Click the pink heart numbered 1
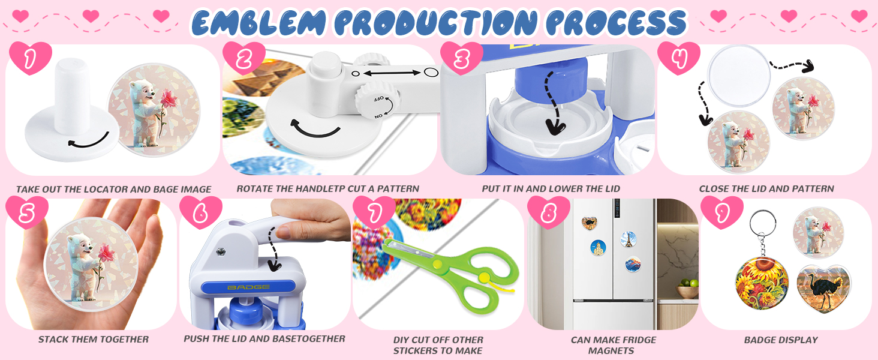tap(30, 58)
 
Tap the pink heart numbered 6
tap(201, 212)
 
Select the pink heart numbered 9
tap(722, 212)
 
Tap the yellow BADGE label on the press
tap(248, 287)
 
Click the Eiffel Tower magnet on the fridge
tap(629, 239)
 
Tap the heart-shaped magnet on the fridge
tap(589, 223)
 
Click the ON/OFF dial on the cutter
tap(378, 101)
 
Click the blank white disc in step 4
tap(739, 76)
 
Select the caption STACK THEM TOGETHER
tap(94, 339)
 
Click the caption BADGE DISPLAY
tap(781, 340)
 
